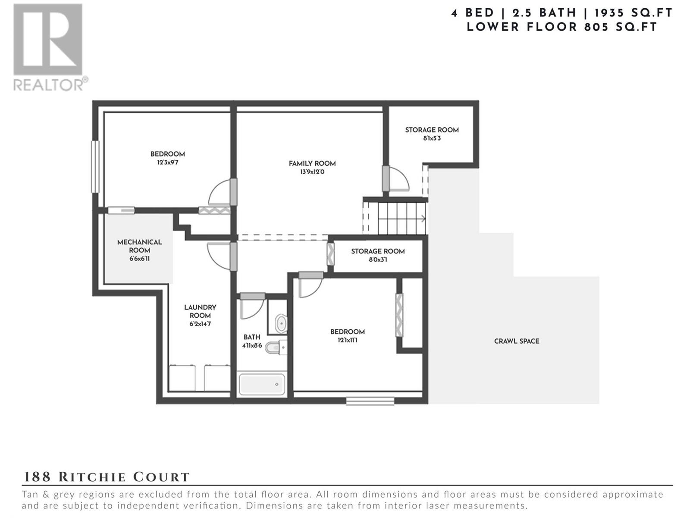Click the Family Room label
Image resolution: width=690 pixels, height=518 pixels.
pyautogui.click(x=312, y=164)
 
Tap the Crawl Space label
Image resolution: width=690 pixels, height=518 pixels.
pyautogui.click(x=517, y=341)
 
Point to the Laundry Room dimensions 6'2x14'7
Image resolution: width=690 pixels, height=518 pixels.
pyautogui.click(x=200, y=324)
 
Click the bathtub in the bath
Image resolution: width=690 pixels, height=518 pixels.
pyautogui.click(x=261, y=384)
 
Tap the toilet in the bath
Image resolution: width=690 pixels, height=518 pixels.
pyautogui.click(x=276, y=347)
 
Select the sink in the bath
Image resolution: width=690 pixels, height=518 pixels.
pyautogui.click(x=281, y=323)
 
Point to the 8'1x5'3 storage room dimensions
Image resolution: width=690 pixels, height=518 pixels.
pyautogui.click(x=432, y=139)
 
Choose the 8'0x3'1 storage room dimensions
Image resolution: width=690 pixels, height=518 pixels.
pyautogui.click(x=378, y=260)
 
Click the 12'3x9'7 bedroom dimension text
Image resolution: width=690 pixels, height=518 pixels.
pyautogui.click(x=168, y=163)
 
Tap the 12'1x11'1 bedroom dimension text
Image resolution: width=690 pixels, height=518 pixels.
pyautogui.click(x=347, y=340)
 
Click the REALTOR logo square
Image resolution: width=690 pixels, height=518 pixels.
pyautogui.click(x=48, y=39)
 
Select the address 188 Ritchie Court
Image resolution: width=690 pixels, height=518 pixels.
pyautogui.click(x=106, y=477)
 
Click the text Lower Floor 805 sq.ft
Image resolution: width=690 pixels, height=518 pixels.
pyautogui.click(x=562, y=27)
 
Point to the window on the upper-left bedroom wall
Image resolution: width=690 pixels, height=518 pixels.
pyautogui.click(x=95, y=167)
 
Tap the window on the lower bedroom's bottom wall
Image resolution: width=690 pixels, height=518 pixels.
pyautogui.click(x=370, y=401)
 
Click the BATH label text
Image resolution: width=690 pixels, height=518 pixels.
pyautogui.click(x=252, y=337)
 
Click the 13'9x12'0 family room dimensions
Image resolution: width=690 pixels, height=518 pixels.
pyautogui.click(x=312, y=172)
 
